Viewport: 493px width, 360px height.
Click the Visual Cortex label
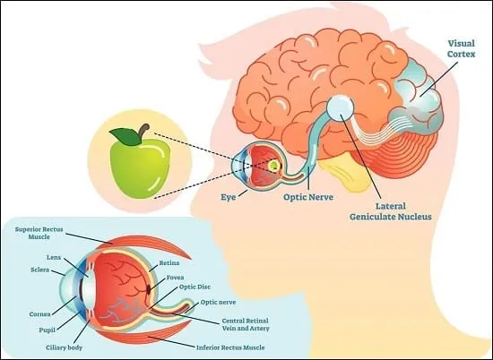coord(462,48)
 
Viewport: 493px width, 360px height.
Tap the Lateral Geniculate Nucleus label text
coord(391,211)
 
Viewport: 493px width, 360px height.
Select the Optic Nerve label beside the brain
coord(308,197)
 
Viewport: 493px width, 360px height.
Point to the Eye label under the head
coord(228,197)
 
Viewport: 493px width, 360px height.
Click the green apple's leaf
coord(125,137)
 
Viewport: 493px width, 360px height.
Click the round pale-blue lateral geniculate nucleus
coord(341,107)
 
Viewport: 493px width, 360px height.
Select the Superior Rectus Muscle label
coord(39,233)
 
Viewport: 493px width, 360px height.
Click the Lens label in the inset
coord(54,257)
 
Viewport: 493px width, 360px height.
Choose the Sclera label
coord(40,270)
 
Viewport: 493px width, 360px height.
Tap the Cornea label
coord(39,314)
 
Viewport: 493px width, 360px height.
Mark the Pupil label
coord(48,330)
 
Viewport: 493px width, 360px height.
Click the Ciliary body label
coord(65,347)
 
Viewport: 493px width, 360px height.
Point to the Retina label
coord(169,262)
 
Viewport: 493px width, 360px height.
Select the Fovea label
coord(175,278)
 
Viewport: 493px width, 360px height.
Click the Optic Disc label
coord(195,287)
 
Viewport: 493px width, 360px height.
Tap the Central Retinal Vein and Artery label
coord(246,324)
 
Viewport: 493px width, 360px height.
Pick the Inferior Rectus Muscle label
coord(230,347)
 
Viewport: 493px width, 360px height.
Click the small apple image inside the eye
coord(274,165)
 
